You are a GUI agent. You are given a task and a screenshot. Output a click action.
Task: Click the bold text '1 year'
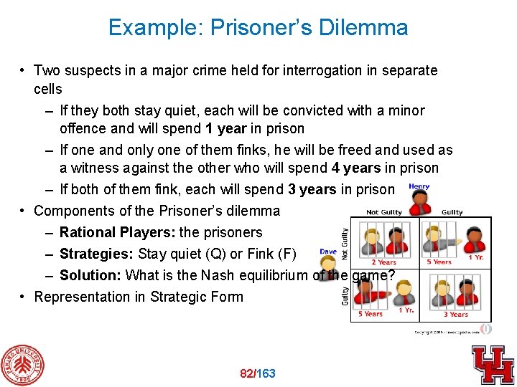(x=225, y=129)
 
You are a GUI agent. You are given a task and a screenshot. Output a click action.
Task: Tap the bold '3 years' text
(x=312, y=190)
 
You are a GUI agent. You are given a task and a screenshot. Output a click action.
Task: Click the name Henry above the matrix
(x=419, y=187)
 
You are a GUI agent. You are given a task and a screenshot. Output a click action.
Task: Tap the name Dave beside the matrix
(x=328, y=252)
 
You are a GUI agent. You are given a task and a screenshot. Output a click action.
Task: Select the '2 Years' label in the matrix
(x=383, y=262)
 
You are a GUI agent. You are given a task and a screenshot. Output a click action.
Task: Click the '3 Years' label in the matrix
(x=455, y=314)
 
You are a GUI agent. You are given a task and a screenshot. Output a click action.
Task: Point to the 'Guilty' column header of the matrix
(x=452, y=212)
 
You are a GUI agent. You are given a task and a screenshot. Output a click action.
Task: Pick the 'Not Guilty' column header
(x=383, y=212)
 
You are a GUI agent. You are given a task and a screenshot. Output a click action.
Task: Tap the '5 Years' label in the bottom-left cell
(x=371, y=314)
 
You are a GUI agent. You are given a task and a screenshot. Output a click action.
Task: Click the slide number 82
(x=247, y=373)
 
